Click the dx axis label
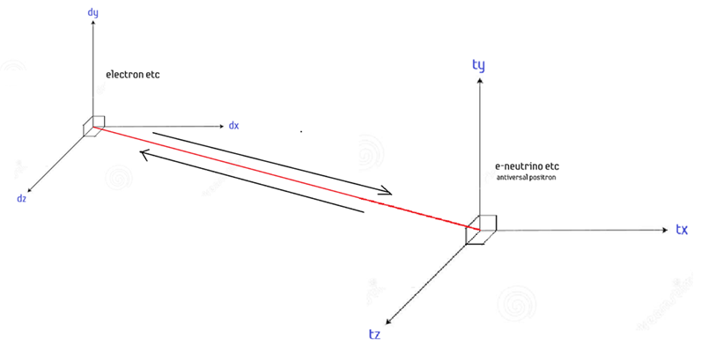[x=233, y=126]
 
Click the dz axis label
[x=21, y=198]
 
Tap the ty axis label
[x=479, y=65]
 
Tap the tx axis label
[x=681, y=229]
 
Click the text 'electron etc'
[x=132, y=76]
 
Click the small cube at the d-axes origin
[x=94, y=126]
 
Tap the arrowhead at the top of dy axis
[x=93, y=28]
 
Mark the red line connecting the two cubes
[x=291, y=176]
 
